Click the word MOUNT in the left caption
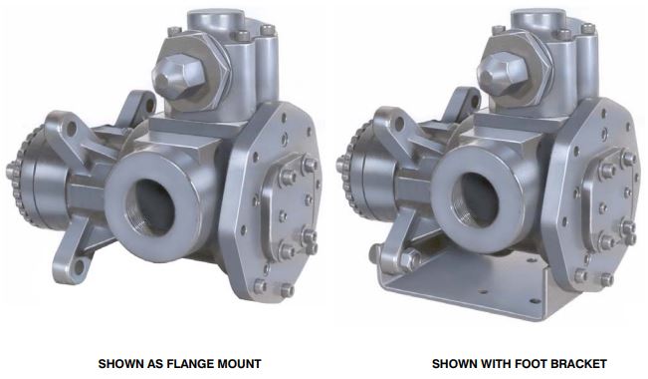point(239,364)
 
